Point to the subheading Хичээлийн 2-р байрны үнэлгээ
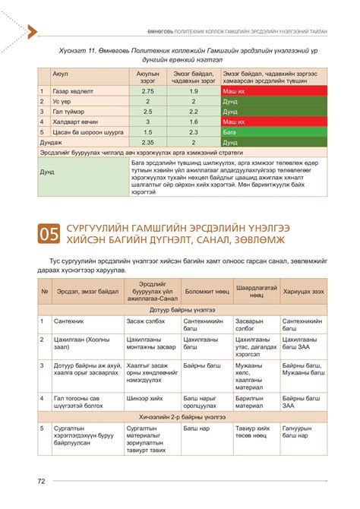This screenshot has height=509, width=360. [x=179, y=417]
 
